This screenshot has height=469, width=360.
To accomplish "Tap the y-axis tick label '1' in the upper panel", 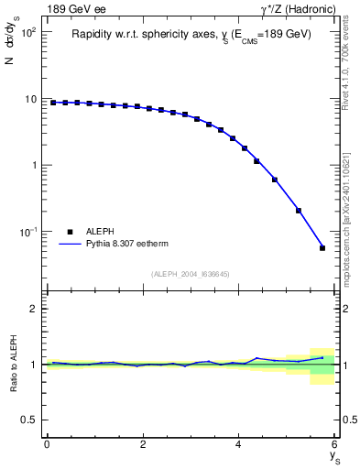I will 34,166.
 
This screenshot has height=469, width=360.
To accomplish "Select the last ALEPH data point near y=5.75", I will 322,247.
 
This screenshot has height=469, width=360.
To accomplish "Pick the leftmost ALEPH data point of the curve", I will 53,103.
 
